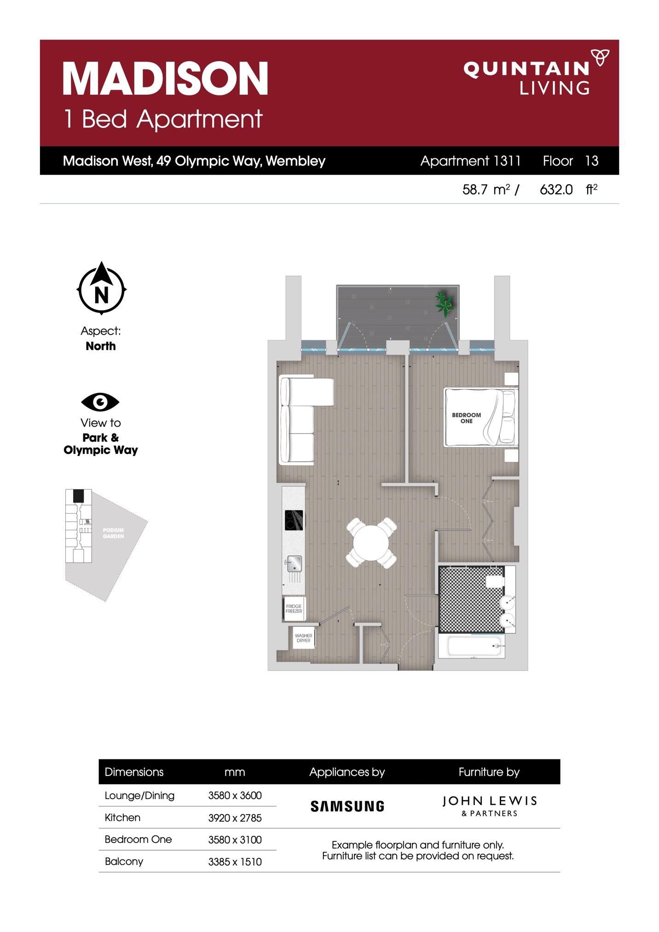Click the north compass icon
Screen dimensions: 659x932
pos(101,289)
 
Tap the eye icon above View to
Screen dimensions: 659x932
pos(100,402)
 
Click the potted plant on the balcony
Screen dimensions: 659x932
pos(445,303)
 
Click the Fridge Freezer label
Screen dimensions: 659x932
pos(294,609)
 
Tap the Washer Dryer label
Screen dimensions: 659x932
pos(303,638)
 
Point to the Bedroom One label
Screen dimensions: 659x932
pos(466,418)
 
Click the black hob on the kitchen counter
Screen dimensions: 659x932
pos(295,520)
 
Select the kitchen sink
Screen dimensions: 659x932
pos(294,562)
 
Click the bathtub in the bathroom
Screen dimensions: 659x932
pos(471,646)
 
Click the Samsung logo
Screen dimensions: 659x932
pos(347,806)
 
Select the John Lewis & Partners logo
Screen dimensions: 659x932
pos(489,806)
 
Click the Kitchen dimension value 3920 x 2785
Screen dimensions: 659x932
pos(235,818)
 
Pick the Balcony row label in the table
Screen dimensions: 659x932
pos(124,861)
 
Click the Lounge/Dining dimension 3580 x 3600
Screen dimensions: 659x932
pos(235,795)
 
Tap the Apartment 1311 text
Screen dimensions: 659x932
pos(470,161)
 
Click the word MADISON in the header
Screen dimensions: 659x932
pos(165,79)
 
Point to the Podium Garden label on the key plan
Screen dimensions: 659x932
pos(113,533)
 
